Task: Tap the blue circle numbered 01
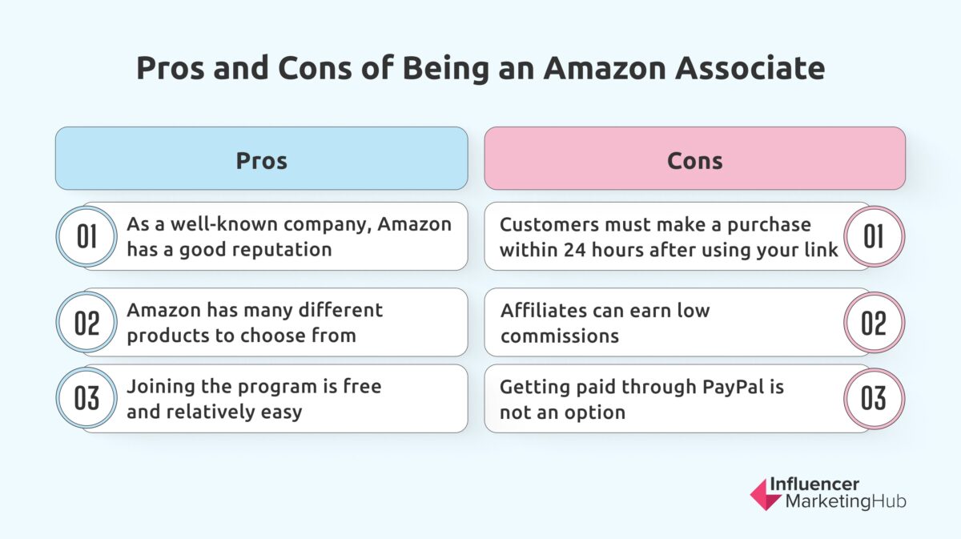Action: click(86, 236)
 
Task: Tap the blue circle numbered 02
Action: click(86, 322)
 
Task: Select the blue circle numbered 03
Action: click(86, 399)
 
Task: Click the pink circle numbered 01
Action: click(875, 236)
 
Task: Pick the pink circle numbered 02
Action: click(875, 322)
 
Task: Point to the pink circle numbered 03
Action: click(875, 399)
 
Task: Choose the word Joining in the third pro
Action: click(159, 387)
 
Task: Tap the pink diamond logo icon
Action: click(766, 494)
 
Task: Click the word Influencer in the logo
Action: click(814, 484)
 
